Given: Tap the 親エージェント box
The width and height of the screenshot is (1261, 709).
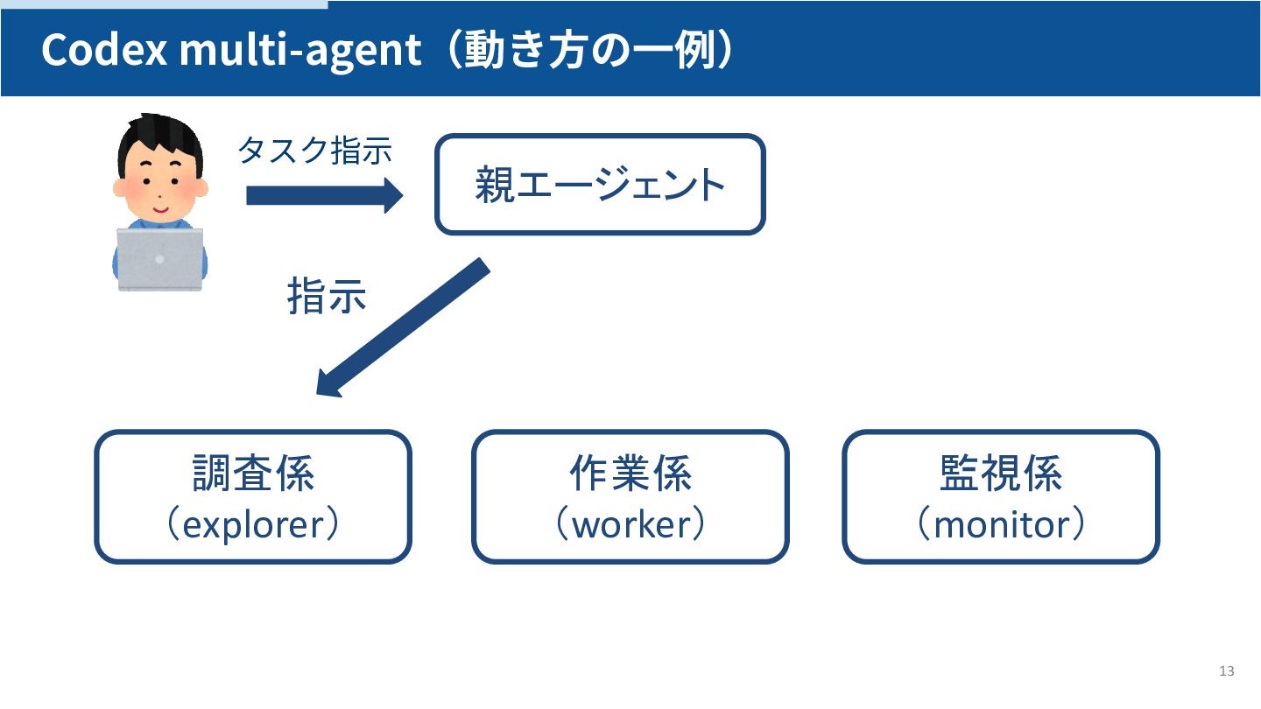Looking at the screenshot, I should [x=600, y=185].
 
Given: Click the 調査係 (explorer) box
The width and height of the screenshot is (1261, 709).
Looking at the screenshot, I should [x=252, y=496].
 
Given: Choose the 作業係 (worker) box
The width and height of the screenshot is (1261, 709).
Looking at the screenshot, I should [x=630, y=496].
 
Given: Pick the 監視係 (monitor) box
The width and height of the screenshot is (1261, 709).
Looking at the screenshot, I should [x=1000, y=496].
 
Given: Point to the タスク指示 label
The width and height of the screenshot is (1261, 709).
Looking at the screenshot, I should [x=313, y=151].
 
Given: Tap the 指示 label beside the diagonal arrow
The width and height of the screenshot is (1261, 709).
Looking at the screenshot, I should [x=326, y=298].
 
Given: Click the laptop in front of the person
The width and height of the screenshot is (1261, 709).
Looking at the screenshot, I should [x=160, y=259].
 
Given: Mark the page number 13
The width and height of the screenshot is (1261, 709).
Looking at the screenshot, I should [x=1226, y=671].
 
